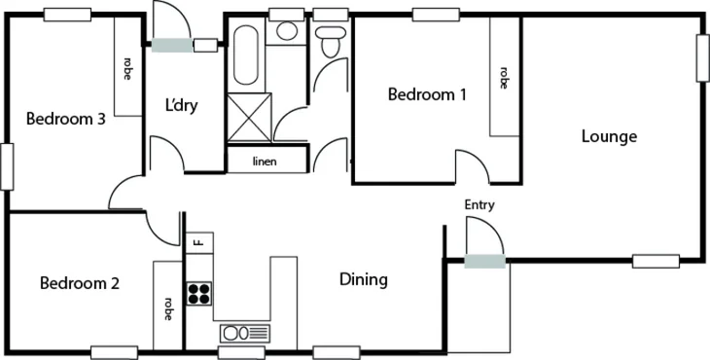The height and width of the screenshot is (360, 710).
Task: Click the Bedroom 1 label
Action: tap(427, 95)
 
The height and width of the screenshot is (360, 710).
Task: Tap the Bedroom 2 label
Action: tap(80, 284)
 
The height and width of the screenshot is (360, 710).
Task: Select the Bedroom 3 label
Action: tap(65, 120)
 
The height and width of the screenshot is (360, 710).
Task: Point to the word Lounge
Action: tap(609, 136)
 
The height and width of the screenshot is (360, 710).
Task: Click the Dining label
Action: tap(364, 280)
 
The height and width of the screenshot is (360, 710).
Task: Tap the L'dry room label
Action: tap(181, 104)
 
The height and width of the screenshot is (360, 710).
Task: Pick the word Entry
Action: tap(479, 204)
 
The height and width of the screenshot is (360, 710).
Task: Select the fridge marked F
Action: tap(197, 240)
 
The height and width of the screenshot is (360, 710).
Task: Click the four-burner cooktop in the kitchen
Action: tap(199, 294)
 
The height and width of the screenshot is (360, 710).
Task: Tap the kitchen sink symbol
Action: tap(245, 333)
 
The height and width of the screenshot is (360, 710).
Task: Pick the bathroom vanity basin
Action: tap(285, 31)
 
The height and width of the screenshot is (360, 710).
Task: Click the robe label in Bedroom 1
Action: tap(504, 77)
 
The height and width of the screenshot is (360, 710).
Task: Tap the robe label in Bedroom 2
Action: tap(167, 309)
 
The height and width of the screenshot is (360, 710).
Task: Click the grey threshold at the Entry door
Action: tap(484, 260)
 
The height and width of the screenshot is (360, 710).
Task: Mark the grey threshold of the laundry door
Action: tap(171, 44)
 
